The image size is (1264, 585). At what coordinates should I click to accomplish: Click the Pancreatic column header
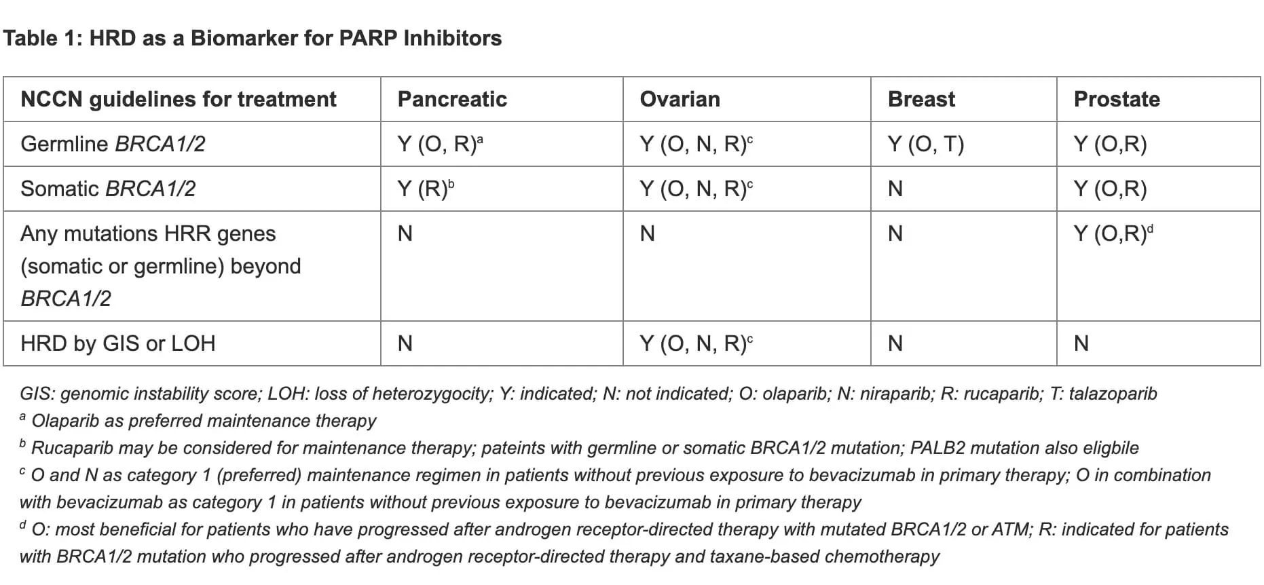click(x=452, y=99)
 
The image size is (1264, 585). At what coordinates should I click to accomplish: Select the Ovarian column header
click(x=680, y=99)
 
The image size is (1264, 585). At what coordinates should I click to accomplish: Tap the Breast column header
click(x=921, y=99)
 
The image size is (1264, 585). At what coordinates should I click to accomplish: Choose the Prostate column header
click(x=1117, y=99)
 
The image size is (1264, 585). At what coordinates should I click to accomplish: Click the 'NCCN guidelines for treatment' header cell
click(x=179, y=99)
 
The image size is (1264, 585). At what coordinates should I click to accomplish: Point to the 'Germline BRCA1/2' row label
click(x=113, y=144)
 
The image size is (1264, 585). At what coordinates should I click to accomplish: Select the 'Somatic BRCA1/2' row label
click(x=108, y=189)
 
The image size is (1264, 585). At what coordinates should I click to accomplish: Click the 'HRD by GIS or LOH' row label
click(x=118, y=343)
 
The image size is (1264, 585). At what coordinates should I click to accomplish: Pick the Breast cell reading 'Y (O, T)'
click(x=926, y=144)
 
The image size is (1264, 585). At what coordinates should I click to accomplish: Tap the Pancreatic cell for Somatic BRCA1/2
click(x=426, y=188)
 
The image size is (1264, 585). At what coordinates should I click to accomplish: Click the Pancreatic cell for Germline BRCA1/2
click(x=441, y=143)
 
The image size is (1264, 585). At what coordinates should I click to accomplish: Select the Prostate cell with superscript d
click(x=1113, y=233)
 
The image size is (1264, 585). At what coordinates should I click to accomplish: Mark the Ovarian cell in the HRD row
click(x=696, y=343)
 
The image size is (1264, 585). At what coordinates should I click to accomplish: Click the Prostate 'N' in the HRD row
click(x=1081, y=343)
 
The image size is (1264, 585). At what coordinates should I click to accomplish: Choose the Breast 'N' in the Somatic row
click(x=895, y=189)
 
